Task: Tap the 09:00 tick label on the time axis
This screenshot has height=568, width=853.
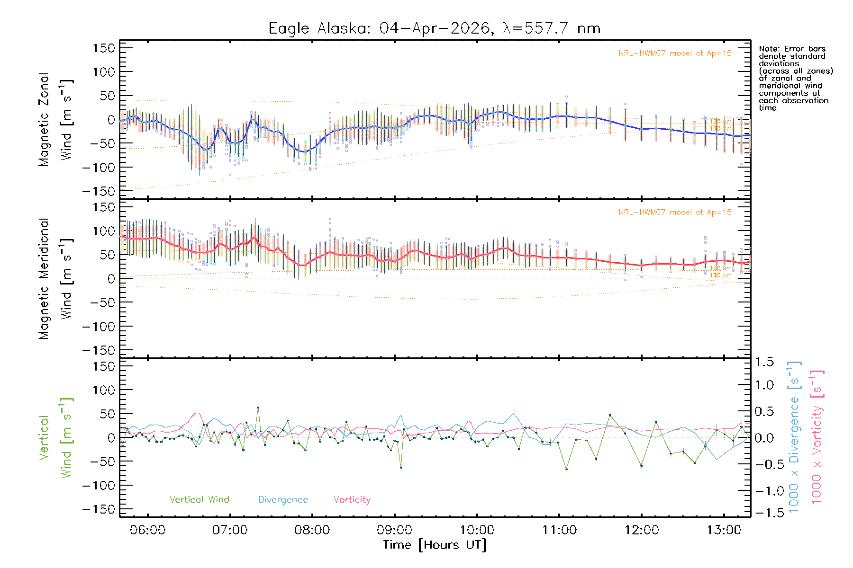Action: tap(394, 530)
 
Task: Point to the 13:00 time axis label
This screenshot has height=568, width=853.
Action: tap(724, 530)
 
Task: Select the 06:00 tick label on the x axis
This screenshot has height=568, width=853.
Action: tap(147, 530)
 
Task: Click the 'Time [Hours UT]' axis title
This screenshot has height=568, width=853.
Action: tap(434, 545)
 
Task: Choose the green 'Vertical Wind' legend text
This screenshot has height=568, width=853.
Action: tap(199, 499)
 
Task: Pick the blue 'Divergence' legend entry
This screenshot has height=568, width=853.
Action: tap(283, 499)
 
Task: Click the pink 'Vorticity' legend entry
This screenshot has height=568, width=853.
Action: tap(352, 499)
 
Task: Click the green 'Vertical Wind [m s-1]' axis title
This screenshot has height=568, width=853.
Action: tap(56, 438)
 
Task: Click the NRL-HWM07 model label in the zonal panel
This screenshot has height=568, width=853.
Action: tap(675, 53)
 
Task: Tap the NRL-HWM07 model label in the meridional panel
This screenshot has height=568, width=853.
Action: tap(675, 213)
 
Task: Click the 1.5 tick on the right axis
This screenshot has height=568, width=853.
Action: tap(764, 362)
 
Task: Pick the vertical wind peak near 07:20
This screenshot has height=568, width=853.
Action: tap(258, 408)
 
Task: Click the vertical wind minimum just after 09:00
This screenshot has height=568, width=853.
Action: tap(401, 468)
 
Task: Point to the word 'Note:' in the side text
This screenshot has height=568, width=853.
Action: tap(769, 49)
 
